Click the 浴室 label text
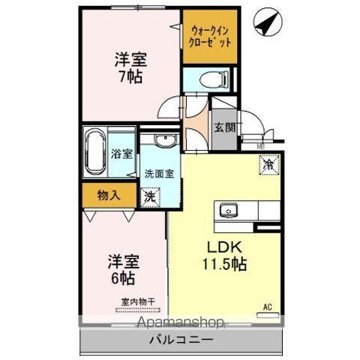[121, 154]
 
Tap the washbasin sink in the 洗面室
[163, 142]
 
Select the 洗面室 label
[159, 172]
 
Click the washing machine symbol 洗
[151, 197]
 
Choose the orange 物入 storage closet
[109, 196]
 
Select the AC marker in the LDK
[267, 306]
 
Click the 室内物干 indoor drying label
[138, 303]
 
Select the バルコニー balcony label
[183, 340]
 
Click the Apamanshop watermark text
[179, 323]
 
